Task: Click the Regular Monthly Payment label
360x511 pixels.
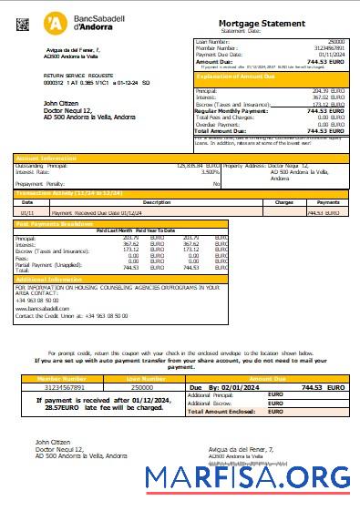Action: click(232, 110)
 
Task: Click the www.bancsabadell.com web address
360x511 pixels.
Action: click(43, 308)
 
